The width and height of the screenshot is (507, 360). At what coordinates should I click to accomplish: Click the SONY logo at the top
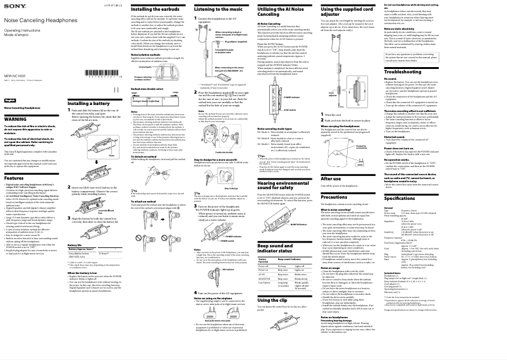click(x=12, y=6)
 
